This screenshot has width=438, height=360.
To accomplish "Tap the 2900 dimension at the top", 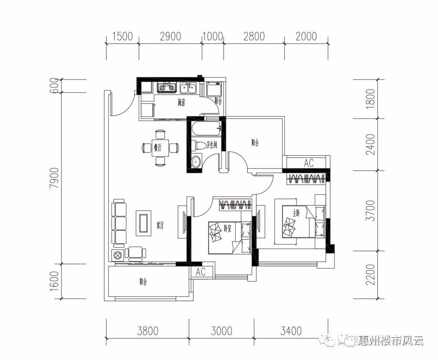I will (x=170, y=36).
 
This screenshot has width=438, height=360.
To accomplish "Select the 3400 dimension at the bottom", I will (x=291, y=331).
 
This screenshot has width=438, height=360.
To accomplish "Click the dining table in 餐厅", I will (x=161, y=148).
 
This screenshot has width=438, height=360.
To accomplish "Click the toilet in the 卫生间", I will (x=199, y=145).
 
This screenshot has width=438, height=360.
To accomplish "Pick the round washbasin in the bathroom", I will (x=196, y=161).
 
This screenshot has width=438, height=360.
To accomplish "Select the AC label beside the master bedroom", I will (x=309, y=163).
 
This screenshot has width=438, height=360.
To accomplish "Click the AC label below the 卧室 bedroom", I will (x=201, y=272).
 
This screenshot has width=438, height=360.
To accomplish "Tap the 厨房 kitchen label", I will (x=181, y=103).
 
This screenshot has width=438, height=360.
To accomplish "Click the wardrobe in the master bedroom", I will (x=307, y=179).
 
